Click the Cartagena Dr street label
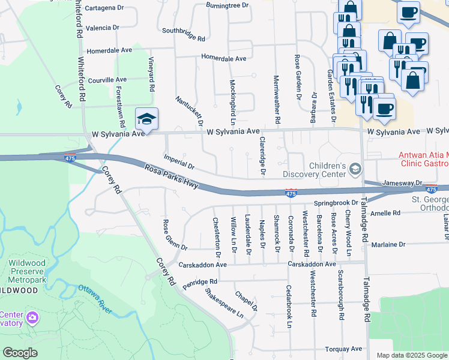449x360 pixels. click(104, 8)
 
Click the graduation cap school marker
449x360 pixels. click(146, 119)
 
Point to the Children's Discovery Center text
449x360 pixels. click(327, 170)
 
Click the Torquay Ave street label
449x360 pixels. click(343, 349)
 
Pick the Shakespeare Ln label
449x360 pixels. click(224, 304)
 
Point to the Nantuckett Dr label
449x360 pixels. click(190, 110)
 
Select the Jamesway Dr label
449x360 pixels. click(402, 182)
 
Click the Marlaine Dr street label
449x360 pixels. click(388, 245)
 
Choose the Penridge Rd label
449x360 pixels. click(200, 283)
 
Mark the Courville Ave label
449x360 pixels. click(107, 79)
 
